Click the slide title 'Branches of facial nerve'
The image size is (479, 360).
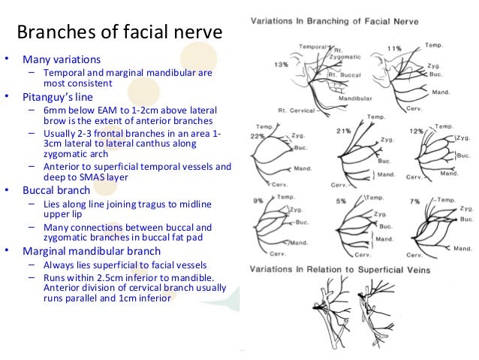tap(119, 32)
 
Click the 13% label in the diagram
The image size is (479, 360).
tap(281, 65)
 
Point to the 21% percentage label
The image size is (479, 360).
tap(344, 131)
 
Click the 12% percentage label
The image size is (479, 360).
tap(417, 132)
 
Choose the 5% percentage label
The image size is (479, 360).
tap(341, 201)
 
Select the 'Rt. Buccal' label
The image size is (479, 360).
tap(345, 76)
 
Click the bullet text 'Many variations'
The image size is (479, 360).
tap(62, 59)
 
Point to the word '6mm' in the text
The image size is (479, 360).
tap(55, 109)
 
